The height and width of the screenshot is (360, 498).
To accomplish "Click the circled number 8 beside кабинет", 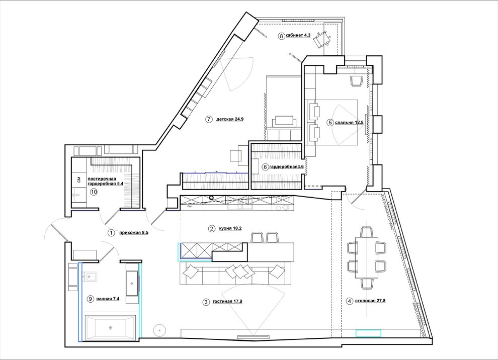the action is [281, 36].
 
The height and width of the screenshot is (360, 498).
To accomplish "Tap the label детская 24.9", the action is [229, 120].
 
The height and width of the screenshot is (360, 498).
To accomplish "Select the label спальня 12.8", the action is [349, 122].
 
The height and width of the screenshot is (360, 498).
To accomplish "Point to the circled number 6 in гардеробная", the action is [265, 166].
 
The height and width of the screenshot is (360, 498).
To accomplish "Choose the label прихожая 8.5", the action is [134, 233].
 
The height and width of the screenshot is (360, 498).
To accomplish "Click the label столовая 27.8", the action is [370, 301].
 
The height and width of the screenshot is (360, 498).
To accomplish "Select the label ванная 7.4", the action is [108, 299].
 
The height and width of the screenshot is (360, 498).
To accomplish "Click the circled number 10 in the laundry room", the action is [94, 192].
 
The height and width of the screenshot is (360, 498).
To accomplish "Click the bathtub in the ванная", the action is [110, 327].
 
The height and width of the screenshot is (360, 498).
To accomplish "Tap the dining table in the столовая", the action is [367, 257].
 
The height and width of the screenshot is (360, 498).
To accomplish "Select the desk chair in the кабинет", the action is [320, 39].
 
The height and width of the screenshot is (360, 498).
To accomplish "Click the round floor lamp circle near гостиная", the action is [159, 330].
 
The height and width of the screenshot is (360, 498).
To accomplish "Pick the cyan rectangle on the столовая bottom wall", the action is [368, 333].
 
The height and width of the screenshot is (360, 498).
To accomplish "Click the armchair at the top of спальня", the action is [356, 80].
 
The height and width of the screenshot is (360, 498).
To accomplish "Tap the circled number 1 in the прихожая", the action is [111, 233].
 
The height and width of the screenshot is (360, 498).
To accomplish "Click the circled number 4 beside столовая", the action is [350, 301].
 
